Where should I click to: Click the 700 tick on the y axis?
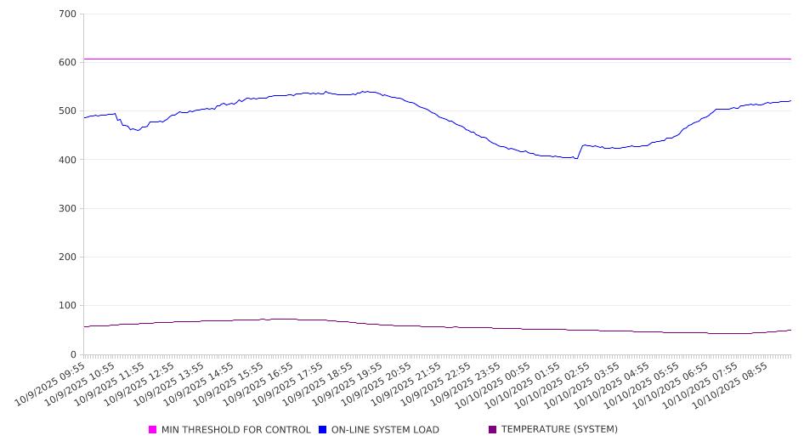(x=68, y=14)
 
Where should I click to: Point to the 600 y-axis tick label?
(x=68, y=63)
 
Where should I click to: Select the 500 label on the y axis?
(x=68, y=111)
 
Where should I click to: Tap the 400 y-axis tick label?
(x=68, y=160)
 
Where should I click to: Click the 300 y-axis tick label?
(x=68, y=208)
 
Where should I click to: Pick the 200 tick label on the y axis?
(x=68, y=257)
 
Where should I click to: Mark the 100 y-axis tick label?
(x=68, y=306)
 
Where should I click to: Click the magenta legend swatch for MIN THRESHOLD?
(x=153, y=430)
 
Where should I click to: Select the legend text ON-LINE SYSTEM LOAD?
(x=385, y=430)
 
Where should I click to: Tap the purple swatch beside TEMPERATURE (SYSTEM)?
(x=493, y=430)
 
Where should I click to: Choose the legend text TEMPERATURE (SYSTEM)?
(x=559, y=430)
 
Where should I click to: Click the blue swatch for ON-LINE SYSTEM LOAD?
(x=323, y=430)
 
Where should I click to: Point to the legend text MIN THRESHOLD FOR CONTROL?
(x=236, y=430)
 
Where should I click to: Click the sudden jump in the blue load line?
(x=580, y=151)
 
